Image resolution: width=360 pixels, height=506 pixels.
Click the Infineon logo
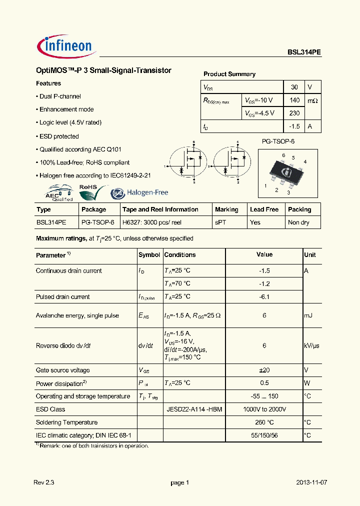click(x=65, y=46)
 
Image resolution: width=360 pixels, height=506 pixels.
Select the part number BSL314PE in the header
click(x=304, y=52)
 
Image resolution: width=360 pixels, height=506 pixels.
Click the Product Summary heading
click(x=229, y=74)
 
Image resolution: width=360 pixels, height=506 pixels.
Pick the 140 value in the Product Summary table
click(x=294, y=100)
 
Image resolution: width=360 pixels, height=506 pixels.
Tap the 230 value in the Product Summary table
click(x=294, y=113)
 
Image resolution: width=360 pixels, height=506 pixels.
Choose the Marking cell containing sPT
click(x=220, y=222)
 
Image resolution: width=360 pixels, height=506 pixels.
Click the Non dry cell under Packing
click(x=298, y=222)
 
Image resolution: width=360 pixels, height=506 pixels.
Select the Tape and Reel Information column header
click(x=160, y=209)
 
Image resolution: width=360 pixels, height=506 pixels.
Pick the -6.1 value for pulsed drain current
click(x=264, y=296)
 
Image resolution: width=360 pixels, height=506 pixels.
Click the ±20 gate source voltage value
click(x=264, y=370)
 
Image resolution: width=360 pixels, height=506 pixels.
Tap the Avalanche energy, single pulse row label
click(x=77, y=315)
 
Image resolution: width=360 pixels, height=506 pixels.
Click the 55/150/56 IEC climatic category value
click(x=264, y=435)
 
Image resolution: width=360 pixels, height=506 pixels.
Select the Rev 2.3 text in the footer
click(x=43, y=482)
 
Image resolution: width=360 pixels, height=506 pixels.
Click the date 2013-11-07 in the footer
click(x=311, y=482)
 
